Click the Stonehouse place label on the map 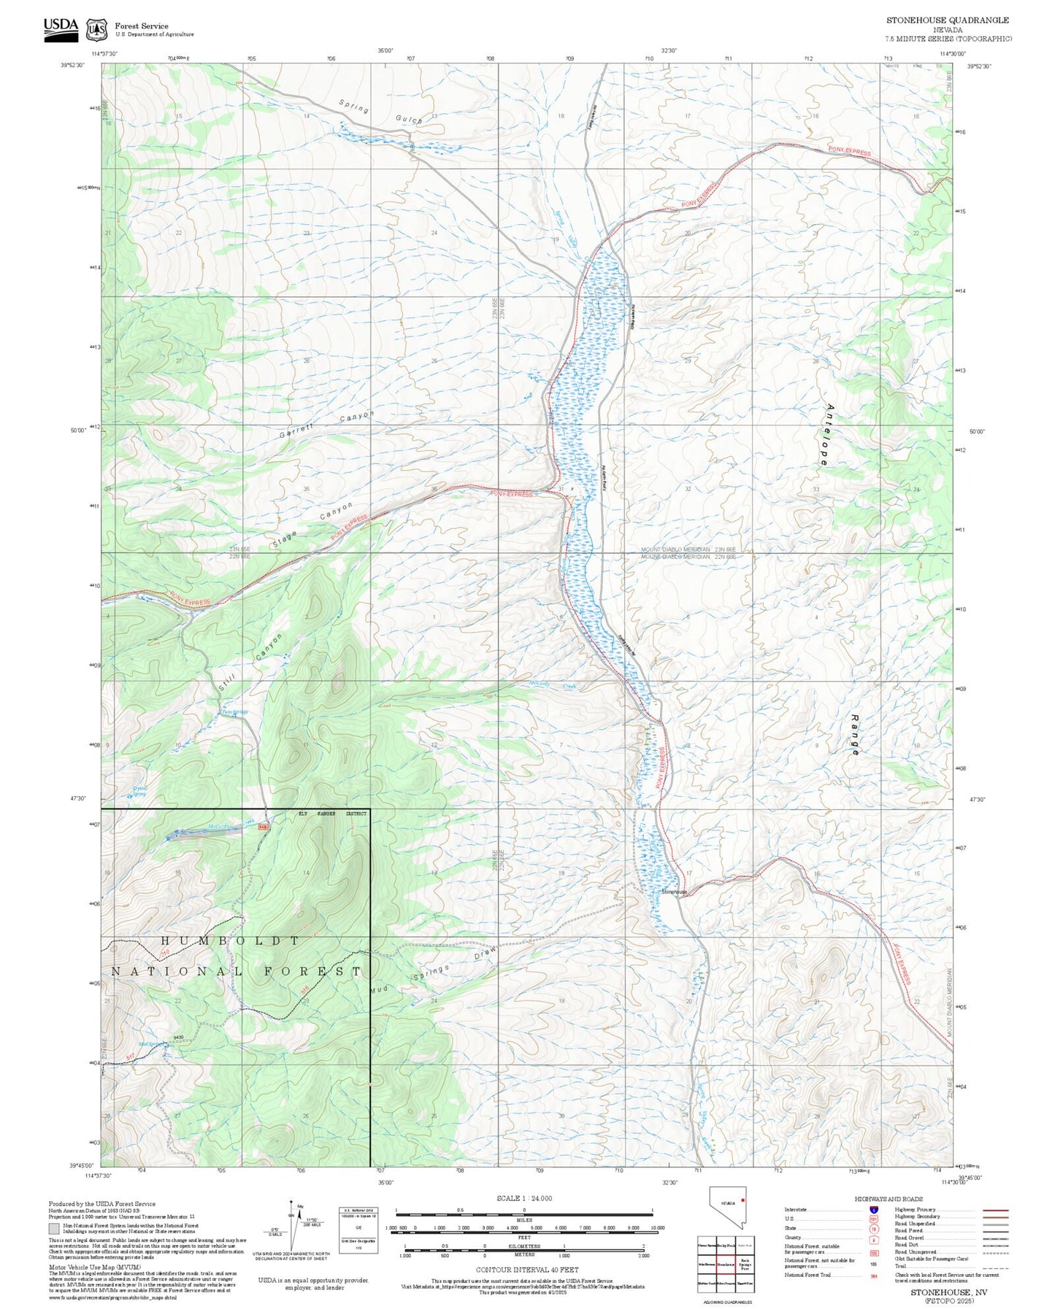(x=673, y=892)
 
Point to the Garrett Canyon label (x=326, y=425)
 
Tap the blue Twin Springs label (x=234, y=712)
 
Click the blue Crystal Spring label (x=139, y=790)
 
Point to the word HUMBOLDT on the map (x=229, y=941)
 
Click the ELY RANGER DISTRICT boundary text (x=332, y=813)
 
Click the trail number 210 (x=166, y=954)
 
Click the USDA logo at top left (x=60, y=26)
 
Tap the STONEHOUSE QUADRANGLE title (x=947, y=20)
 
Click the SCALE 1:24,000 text (x=523, y=1198)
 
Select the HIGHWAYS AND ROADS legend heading (x=888, y=1199)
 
